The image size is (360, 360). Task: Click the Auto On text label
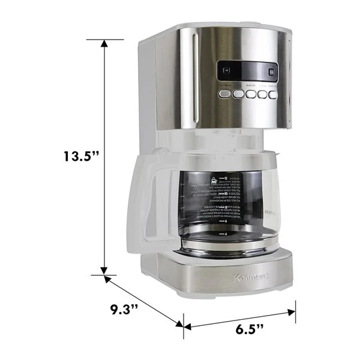249,86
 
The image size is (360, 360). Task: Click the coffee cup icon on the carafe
215,181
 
